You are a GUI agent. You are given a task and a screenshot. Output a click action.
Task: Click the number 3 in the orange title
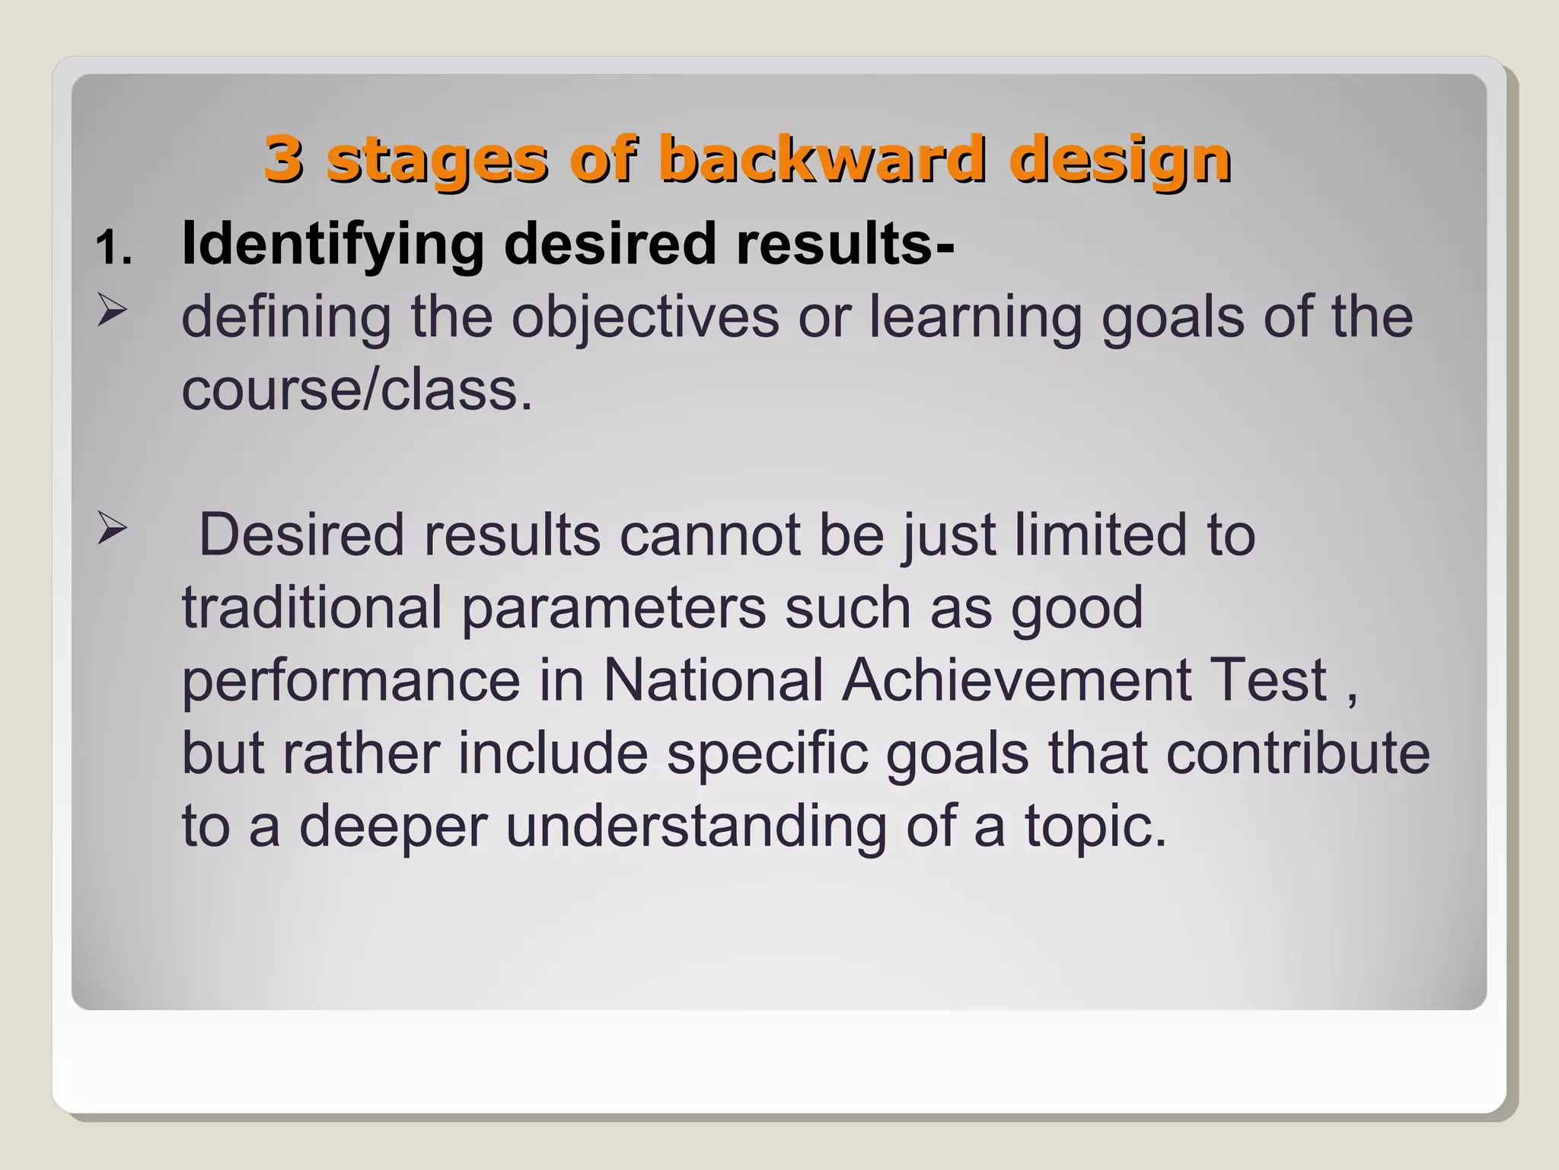[x=283, y=158]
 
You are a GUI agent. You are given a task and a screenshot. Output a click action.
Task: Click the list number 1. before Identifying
[x=114, y=248]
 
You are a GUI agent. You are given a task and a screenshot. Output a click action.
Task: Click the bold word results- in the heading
[x=845, y=244]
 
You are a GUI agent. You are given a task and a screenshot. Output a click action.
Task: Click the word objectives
[x=645, y=317]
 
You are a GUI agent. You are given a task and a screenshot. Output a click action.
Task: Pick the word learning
[x=976, y=317]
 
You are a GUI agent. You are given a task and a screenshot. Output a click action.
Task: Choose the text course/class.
[x=357, y=390]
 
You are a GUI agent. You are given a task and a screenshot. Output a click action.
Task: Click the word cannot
[x=709, y=535]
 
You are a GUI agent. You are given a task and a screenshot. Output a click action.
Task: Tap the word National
[x=713, y=679]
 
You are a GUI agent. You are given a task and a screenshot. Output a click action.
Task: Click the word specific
[x=767, y=753]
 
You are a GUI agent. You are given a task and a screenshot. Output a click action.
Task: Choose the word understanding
[x=696, y=826]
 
